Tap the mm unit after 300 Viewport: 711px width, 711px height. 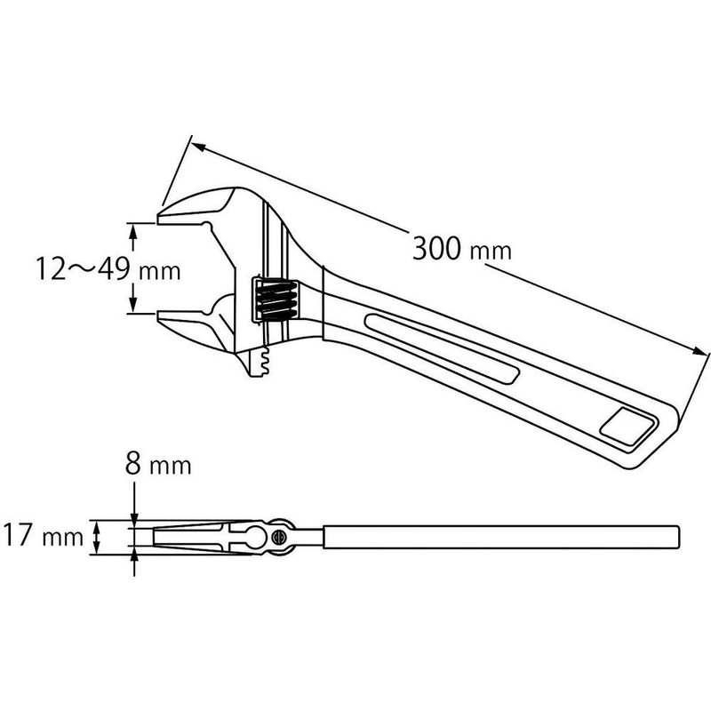491,252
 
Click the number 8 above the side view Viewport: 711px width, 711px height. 133,464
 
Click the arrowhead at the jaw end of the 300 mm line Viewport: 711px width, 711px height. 197,144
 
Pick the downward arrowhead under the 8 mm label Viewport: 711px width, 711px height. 134,521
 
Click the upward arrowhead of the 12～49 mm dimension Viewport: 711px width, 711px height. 134,230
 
